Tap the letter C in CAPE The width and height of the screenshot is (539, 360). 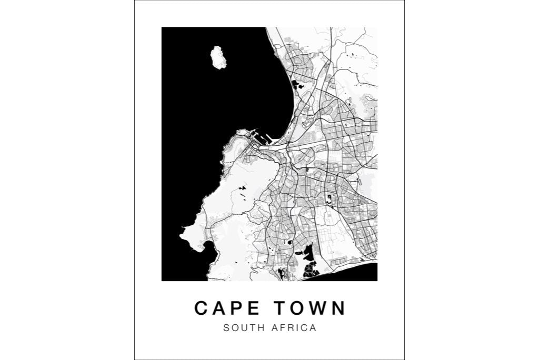tap(202, 308)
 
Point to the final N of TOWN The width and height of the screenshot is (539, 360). tap(338, 308)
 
